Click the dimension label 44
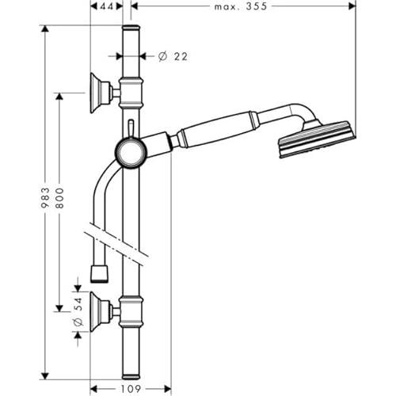click(106, 6)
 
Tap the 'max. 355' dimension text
click(241, 6)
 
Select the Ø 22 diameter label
click(173, 56)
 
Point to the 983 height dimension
click(45, 198)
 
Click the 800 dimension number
click(59, 198)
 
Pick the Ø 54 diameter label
click(78, 311)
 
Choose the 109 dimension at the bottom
click(131, 389)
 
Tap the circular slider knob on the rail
click(131, 153)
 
